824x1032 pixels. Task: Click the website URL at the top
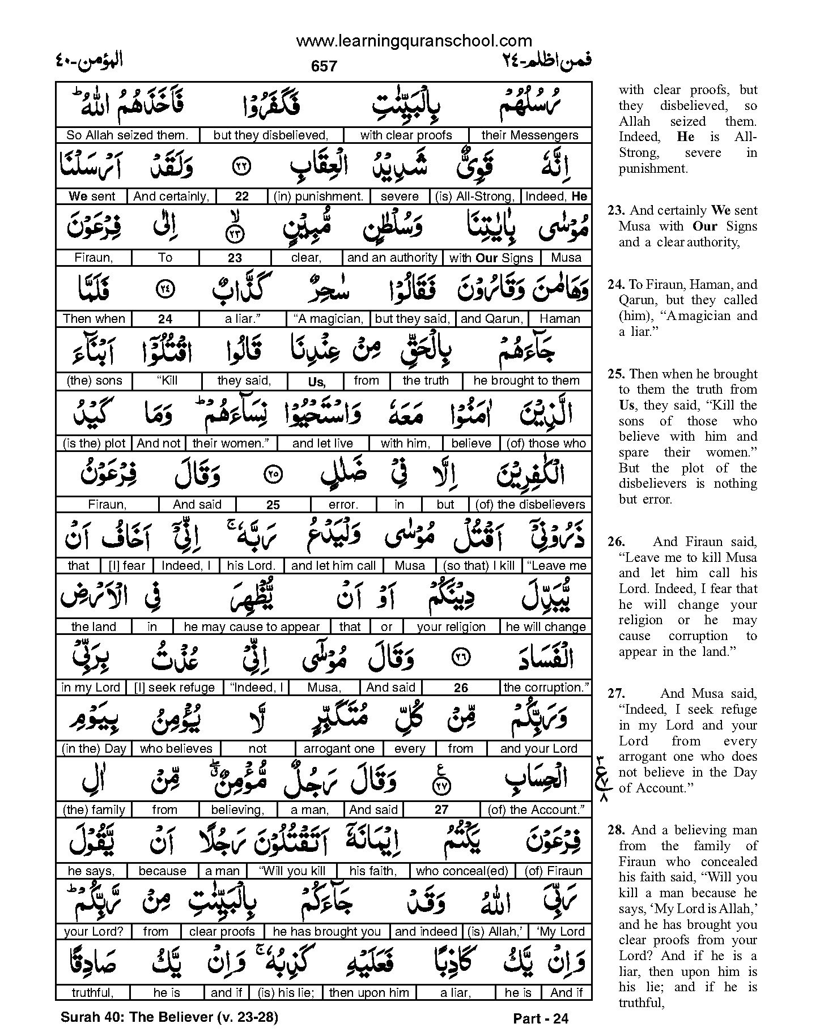coord(414,41)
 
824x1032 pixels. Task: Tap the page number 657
coord(324,66)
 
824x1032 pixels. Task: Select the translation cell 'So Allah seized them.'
coord(127,135)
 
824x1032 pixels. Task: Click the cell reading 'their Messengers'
coord(529,135)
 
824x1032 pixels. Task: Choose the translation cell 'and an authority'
coord(392,258)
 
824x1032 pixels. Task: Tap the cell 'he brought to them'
coord(526,381)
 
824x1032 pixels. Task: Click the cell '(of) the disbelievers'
coord(530,505)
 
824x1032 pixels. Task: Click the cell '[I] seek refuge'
coord(175,688)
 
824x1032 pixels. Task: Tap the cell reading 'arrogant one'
coord(339,749)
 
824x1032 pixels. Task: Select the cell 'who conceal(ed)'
coord(461,871)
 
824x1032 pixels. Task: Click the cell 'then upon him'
coord(368,993)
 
